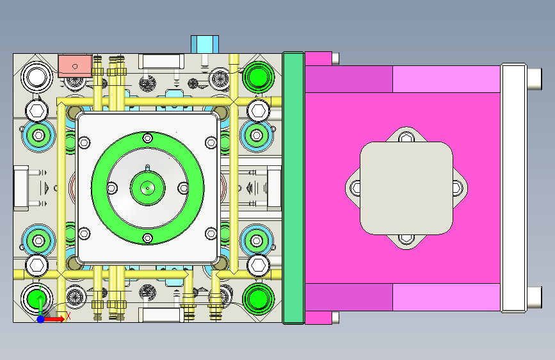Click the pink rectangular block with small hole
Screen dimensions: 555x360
tap(75, 65)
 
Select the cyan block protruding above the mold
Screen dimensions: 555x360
tap(205, 44)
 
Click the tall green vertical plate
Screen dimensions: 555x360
tap(293, 188)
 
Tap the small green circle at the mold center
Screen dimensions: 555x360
tap(148, 188)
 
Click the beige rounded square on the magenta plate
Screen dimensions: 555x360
tap(406, 188)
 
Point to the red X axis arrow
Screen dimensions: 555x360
tap(54, 319)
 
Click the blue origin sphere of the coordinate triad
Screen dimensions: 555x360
tap(41, 319)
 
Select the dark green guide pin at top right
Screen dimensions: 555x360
tap(259, 76)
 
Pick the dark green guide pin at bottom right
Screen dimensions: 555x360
tap(259, 299)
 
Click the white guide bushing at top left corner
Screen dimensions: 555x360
tap(37, 76)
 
